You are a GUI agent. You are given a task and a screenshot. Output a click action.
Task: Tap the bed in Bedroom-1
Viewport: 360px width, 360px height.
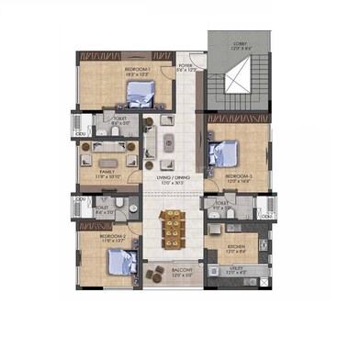[143, 92]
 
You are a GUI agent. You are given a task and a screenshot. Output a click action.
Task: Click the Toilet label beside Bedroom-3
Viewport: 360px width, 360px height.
[222, 205]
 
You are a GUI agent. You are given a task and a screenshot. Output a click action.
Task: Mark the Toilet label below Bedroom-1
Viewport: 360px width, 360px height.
[120, 118]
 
